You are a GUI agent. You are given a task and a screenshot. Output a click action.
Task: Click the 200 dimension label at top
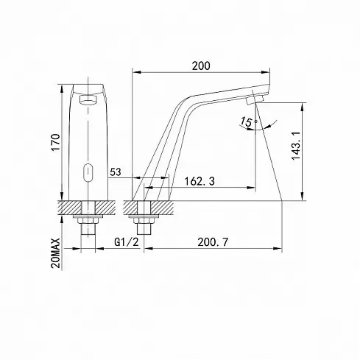pos(201,66)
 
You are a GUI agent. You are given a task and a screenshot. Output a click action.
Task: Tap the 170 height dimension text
pos(55,143)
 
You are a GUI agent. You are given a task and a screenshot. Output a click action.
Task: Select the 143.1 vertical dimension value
pos(296,146)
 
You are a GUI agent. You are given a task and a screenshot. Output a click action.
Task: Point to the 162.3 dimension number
pos(200,181)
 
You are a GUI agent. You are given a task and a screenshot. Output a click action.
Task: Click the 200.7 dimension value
pos(213,242)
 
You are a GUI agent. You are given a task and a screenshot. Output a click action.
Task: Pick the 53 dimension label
pos(116,172)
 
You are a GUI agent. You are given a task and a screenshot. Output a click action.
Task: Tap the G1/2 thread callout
pos(127,242)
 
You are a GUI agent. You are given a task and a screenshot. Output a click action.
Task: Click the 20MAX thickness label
pos(56,253)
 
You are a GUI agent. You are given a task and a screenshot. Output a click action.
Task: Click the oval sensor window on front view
pos(88,172)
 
